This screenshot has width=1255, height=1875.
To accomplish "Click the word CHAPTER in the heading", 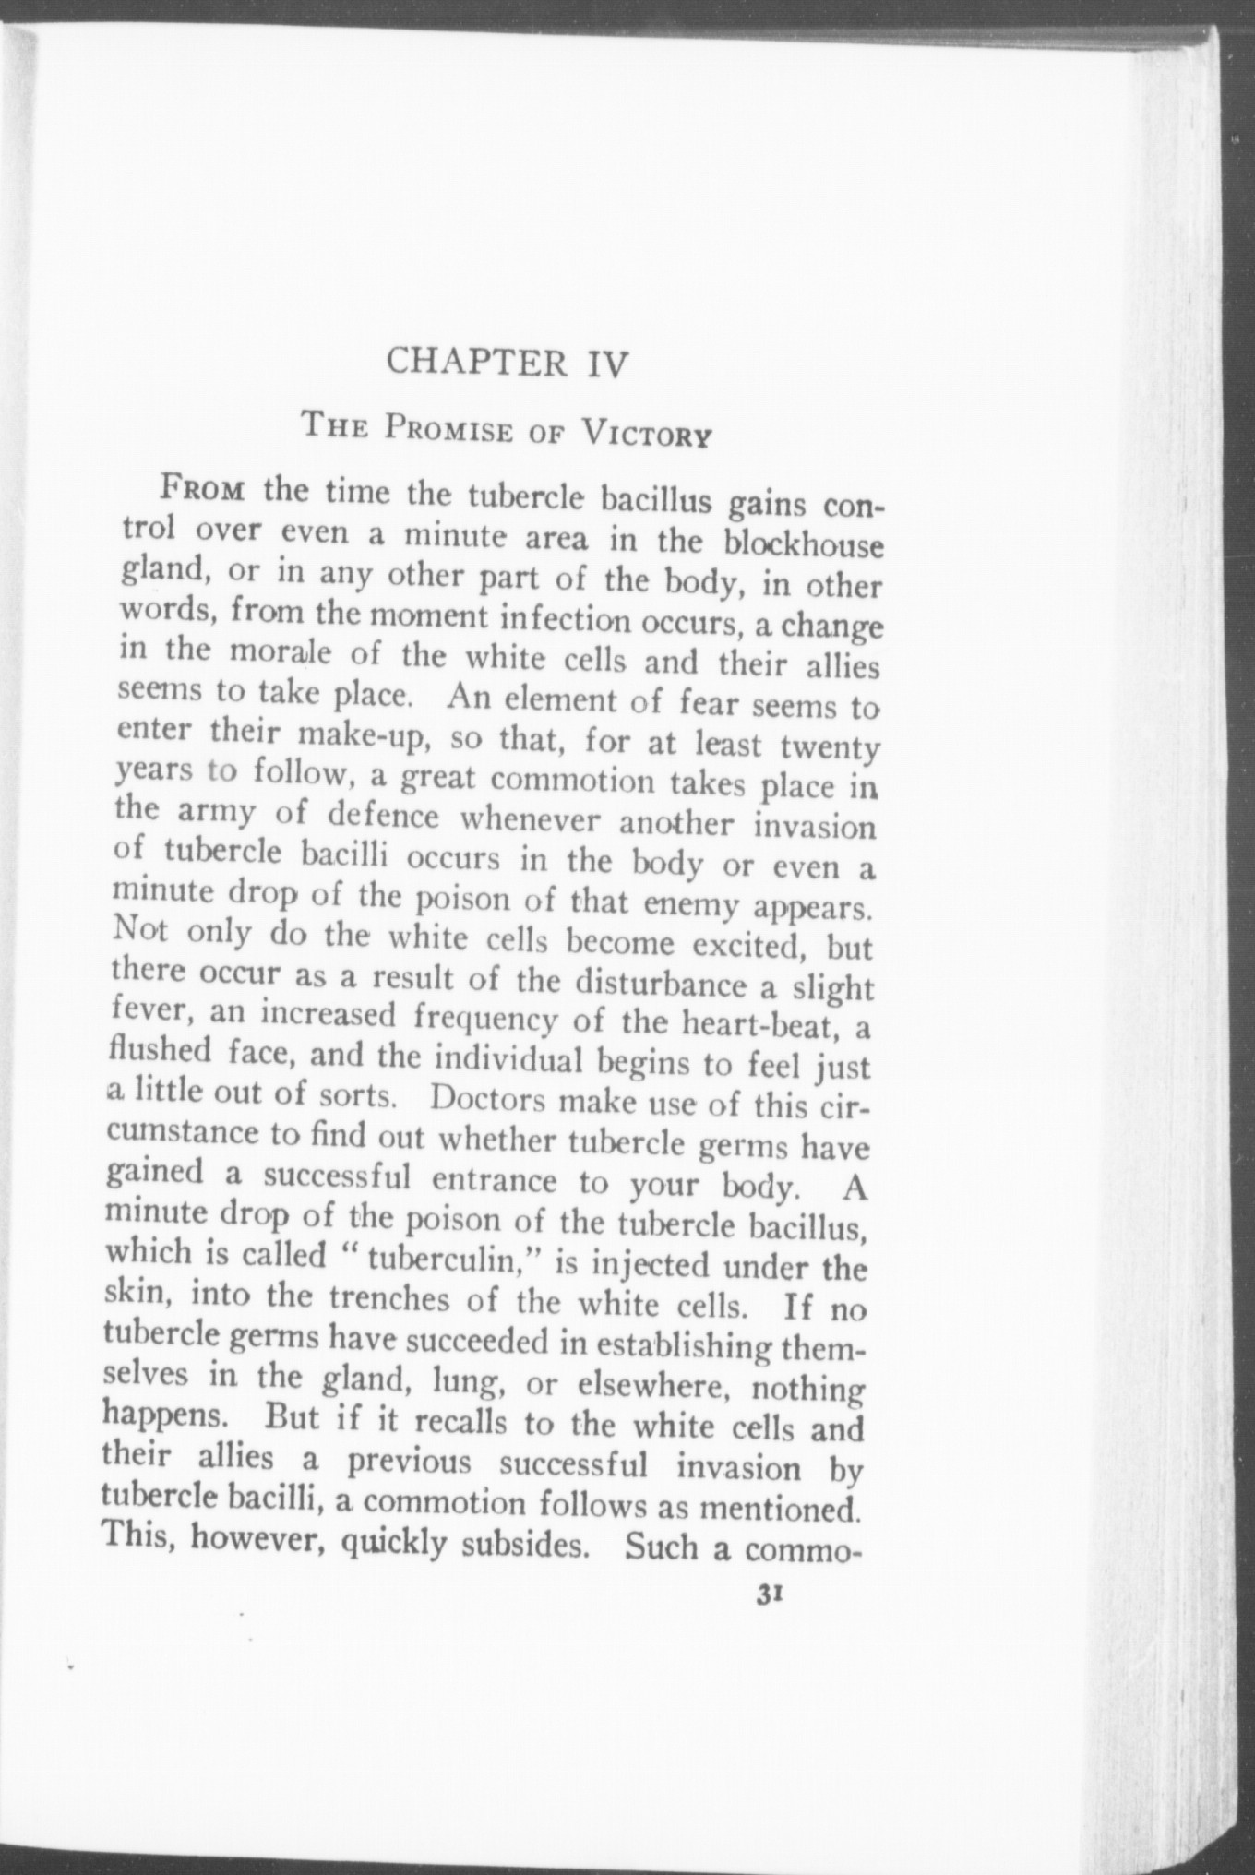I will tap(476, 362).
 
